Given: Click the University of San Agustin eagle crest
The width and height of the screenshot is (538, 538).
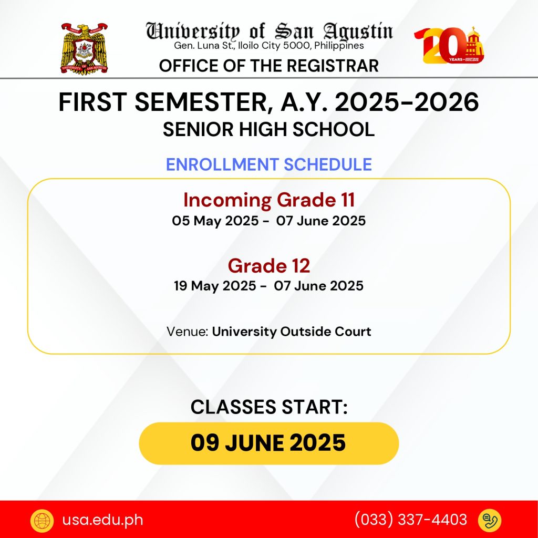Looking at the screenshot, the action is click(x=85, y=48).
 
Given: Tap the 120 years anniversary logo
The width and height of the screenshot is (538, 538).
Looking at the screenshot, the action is click(x=449, y=45).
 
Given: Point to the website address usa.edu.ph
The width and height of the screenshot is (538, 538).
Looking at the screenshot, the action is click(x=102, y=520).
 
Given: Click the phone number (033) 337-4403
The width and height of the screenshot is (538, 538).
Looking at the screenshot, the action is click(x=411, y=520).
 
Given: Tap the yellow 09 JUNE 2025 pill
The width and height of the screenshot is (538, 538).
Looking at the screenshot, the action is click(x=268, y=443).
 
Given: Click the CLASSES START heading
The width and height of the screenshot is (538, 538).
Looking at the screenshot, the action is click(x=269, y=407).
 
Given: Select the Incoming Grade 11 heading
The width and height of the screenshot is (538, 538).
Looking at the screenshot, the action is click(x=269, y=200).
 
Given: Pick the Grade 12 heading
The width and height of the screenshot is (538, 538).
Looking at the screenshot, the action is click(x=269, y=266).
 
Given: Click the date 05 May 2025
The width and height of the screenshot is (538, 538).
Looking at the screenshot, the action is click(x=215, y=221).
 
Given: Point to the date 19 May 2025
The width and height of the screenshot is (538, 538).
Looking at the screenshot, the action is click(x=215, y=286).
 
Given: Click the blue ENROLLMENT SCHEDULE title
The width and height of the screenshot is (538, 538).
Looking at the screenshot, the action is click(x=269, y=164).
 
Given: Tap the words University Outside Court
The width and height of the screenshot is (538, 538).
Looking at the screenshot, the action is click(x=292, y=332).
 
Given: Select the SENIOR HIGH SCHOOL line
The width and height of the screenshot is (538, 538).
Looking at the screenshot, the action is click(x=268, y=130).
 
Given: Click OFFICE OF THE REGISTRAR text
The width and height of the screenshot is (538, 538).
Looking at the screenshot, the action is click(x=268, y=66).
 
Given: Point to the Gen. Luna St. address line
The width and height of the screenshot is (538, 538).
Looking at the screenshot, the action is click(x=268, y=46).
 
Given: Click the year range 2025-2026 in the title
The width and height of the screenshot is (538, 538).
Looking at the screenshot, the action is click(x=407, y=102).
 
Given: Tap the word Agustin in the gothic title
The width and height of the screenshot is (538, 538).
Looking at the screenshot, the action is click(x=358, y=32).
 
